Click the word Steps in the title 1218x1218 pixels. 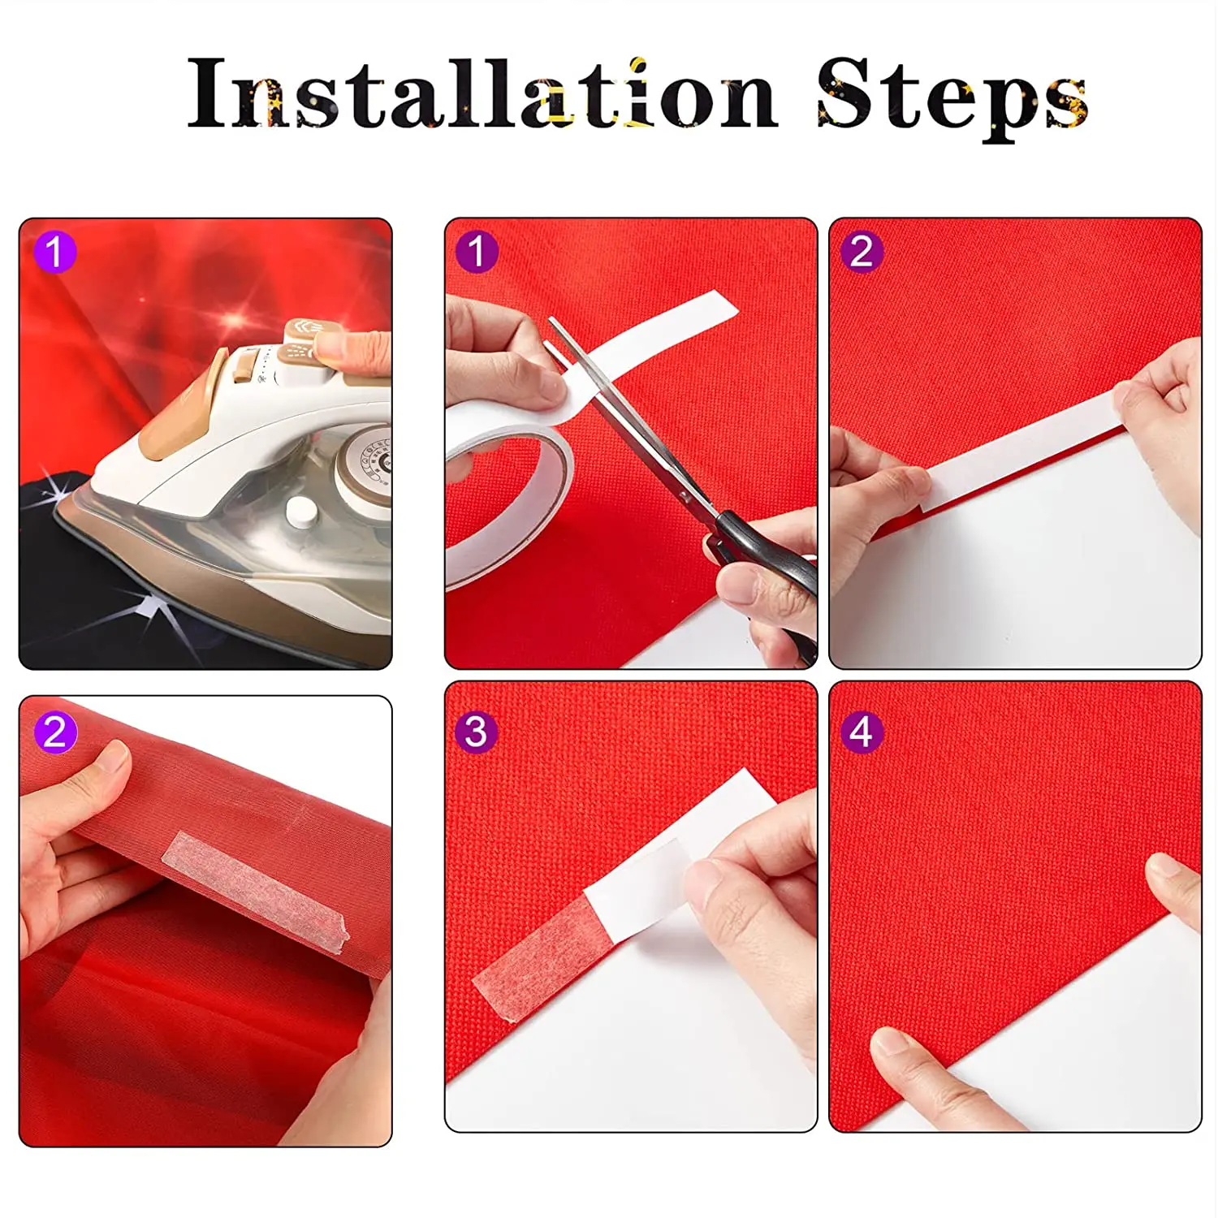pyautogui.click(x=951, y=97)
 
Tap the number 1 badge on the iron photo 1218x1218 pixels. pyautogui.click(x=55, y=252)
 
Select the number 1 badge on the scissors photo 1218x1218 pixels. pyautogui.click(x=477, y=252)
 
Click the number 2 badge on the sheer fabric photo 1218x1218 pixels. pyautogui.click(x=55, y=732)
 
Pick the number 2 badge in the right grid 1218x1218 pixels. pyautogui.click(x=862, y=252)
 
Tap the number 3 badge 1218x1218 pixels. pyautogui.click(x=476, y=732)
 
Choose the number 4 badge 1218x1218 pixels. pyautogui.click(x=862, y=732)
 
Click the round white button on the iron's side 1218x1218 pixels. pyautogui.click(x=301, y=512)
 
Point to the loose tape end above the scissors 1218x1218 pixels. pyautogui.click(x=674, y=325)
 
